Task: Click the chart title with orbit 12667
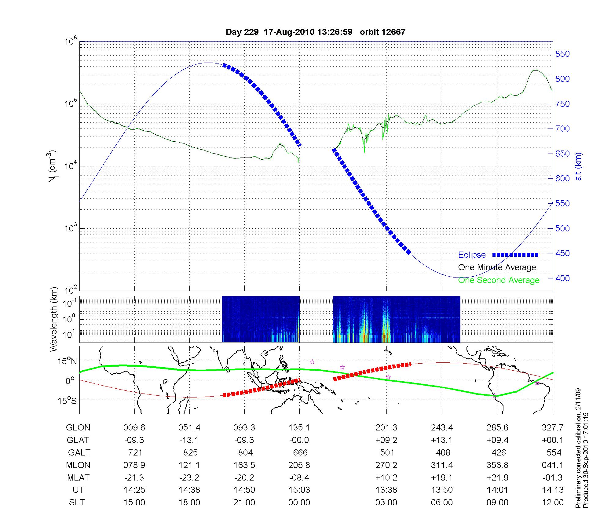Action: click(316, 32)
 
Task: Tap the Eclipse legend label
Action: click(472, 255)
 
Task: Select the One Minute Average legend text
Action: click(497, 267)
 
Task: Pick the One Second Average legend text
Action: click(499, 280)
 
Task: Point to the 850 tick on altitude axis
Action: click(562, 54)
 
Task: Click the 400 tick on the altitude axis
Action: click(562, 278)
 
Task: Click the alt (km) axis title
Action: click(578, 166)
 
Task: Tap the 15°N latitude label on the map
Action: click(67, 361)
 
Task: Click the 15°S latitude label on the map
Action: click(67, 400)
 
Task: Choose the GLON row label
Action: click(78, 428)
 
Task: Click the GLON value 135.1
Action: click(299, 428)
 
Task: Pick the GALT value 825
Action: click(190, 452)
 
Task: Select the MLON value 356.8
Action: click(498, 465)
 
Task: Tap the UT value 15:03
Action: click(299, 490)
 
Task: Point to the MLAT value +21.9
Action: click(498, 477)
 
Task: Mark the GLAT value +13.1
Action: click(442, 440)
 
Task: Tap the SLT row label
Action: click(77, 502)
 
